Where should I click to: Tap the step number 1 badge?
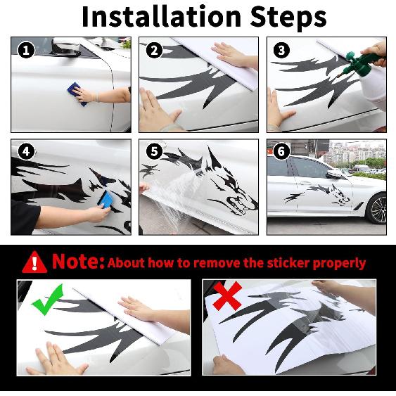27,50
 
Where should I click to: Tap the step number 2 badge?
155,50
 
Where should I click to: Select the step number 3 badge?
282,50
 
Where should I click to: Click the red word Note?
78,262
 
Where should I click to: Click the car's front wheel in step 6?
378,209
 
